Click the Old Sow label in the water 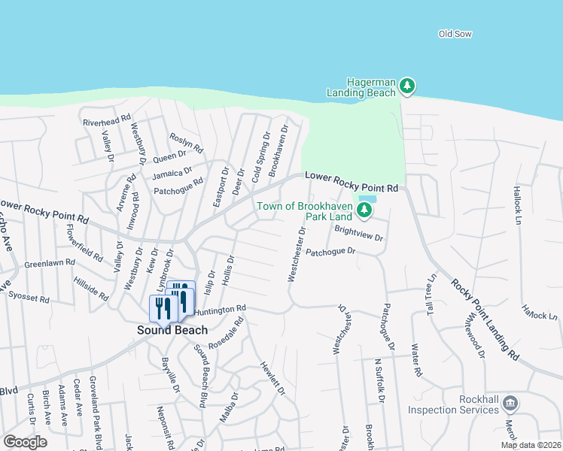[x=455, y=34]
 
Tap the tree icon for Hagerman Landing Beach [x=407, y=86]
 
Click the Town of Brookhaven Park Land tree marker [x=364, y=210]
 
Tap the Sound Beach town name [x=172, y=330]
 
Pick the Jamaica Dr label [x=172, y=174]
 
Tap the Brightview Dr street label [x=359, y=235]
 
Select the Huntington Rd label [x=221, y=309]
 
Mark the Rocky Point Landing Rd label [x=485, y=319]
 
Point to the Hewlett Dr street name [x=273, y=378]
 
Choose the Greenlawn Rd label [x=50, y=264]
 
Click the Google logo [x=25, y=442]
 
